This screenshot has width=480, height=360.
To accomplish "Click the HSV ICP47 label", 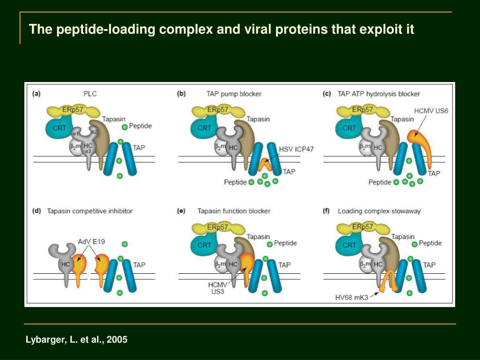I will pos(296,149).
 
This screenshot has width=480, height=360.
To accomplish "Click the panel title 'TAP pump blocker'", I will pos(234,94).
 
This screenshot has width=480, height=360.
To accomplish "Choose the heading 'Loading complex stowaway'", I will pos(379,211).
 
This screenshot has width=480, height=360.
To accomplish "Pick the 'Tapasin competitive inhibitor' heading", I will pos(90,211).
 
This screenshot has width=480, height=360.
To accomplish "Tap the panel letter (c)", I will pos(327,94).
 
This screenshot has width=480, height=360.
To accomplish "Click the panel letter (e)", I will pos(181,211).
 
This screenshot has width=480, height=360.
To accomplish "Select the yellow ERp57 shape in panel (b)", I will pos(217,111).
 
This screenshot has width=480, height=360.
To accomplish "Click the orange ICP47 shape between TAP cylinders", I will pos(264,164).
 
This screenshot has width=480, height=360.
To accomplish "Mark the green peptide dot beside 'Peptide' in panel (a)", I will pos(124,127).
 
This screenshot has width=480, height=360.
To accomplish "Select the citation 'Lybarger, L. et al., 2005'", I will pos(76,339).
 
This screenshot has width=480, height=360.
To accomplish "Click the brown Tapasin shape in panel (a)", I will pos(103,141).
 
